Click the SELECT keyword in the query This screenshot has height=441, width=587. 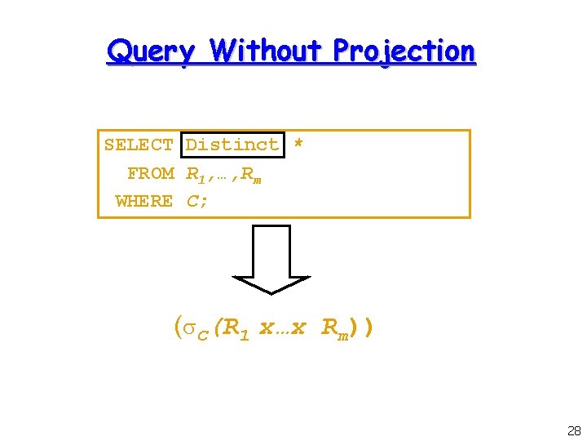click(x=139, y=145)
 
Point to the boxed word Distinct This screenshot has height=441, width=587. click(x=233, y=145)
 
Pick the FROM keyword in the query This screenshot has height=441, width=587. click(x=151, y=173)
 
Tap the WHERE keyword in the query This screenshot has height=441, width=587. click(x=144, y=201)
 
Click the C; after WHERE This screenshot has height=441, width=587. click(x=197, y=201)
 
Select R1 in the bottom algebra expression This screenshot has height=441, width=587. click(x=238, y=329)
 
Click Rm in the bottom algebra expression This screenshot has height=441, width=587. click(x=336, y=329)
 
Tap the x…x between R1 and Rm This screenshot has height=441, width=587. click(x=282, y=328)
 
